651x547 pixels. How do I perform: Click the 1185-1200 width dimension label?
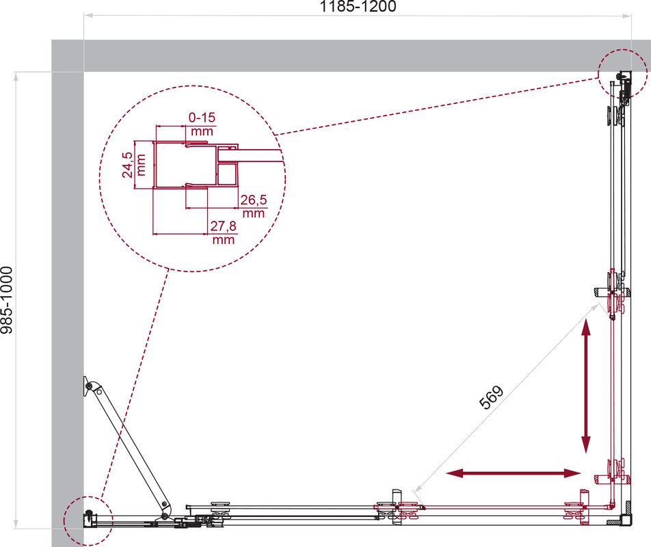pos(358,6)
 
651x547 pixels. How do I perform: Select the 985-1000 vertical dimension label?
pos(7,300)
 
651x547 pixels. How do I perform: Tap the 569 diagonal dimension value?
pos(491,397)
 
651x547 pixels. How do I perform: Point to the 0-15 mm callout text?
pos(202,124)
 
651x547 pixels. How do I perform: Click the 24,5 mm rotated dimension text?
pos(134,165)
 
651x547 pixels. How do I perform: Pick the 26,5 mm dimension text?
pos(253,206)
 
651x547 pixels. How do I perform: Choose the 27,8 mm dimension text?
pos(224,232)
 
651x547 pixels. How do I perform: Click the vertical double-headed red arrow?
pos(586,386)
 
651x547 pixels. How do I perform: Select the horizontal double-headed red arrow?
pos(513,472)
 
